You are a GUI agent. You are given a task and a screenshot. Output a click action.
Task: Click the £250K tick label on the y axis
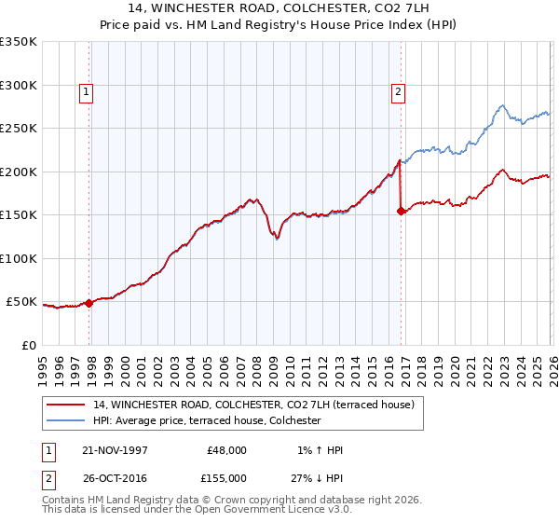[19, 129]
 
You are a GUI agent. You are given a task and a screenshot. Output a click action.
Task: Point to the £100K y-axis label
[19, 258]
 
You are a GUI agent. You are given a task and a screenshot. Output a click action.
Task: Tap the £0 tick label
[30, 345]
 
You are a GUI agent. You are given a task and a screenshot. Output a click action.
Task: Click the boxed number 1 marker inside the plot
[87, 91]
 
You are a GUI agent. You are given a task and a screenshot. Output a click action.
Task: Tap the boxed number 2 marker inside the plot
[398, 91]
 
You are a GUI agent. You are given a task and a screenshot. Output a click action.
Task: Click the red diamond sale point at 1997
[89, 303]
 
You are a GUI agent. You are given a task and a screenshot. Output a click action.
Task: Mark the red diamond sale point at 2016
[402, 211]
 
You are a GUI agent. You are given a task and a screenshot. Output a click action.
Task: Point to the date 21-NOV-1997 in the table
[116, 450]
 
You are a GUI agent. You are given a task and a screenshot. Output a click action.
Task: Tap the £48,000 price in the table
[226, 450]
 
